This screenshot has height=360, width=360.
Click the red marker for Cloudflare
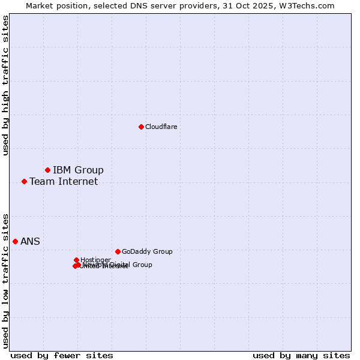tap(141, 127)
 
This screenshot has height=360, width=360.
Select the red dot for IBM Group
tap(47, 170)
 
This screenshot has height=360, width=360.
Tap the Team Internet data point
tap(24, 181)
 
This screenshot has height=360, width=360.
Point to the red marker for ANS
tap(15, 241)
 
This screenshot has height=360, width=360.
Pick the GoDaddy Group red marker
tap(118, 251)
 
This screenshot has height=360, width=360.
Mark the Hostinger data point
tap(76, 260)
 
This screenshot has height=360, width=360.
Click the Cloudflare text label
tap(161, 127)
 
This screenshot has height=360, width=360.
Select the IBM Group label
tap(78, 170)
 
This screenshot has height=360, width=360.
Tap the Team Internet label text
tap(64, 181)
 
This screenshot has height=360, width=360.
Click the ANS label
tap(30, 241)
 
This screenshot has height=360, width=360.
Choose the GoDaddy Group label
tap(147, 251)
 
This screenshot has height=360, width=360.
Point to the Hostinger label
tap(95, 260)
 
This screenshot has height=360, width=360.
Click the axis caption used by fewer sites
tap(62, 355)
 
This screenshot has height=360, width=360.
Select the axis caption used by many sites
tap(301, 355)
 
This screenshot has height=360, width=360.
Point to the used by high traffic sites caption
tap(5, 85)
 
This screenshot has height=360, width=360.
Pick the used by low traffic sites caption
tap(5, 280)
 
